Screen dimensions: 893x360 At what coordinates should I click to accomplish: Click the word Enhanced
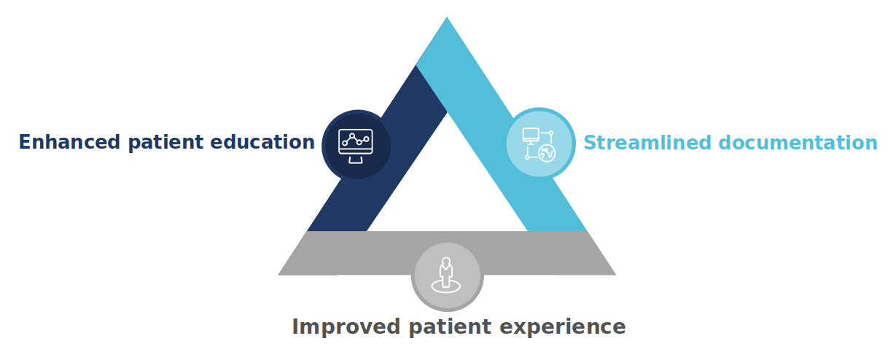pos(69,142)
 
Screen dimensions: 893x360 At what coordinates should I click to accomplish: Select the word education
pos(262,142)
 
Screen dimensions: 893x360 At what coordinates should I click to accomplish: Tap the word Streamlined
pos(647,142)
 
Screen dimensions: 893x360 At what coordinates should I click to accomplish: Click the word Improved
pos(346,327)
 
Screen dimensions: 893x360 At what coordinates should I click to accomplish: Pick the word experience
pos(563,327)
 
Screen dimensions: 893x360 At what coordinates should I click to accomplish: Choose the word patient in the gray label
pos(450,327)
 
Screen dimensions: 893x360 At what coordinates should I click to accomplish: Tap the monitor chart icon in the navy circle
pos(356,146)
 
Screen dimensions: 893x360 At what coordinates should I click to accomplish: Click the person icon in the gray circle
pos(446,275)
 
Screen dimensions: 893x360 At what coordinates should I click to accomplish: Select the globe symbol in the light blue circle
pos(547,153)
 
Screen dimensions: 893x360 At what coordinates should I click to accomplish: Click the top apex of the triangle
pos(447,17)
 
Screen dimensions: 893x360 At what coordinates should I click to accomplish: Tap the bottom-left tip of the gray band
pos(278,275)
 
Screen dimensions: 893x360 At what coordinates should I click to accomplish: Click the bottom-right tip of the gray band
pos(615,275)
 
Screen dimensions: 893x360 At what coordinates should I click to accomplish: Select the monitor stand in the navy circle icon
pos(356,160)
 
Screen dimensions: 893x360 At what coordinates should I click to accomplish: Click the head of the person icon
pos(446,262)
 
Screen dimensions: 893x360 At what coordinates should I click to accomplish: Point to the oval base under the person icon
pos(446,286)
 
